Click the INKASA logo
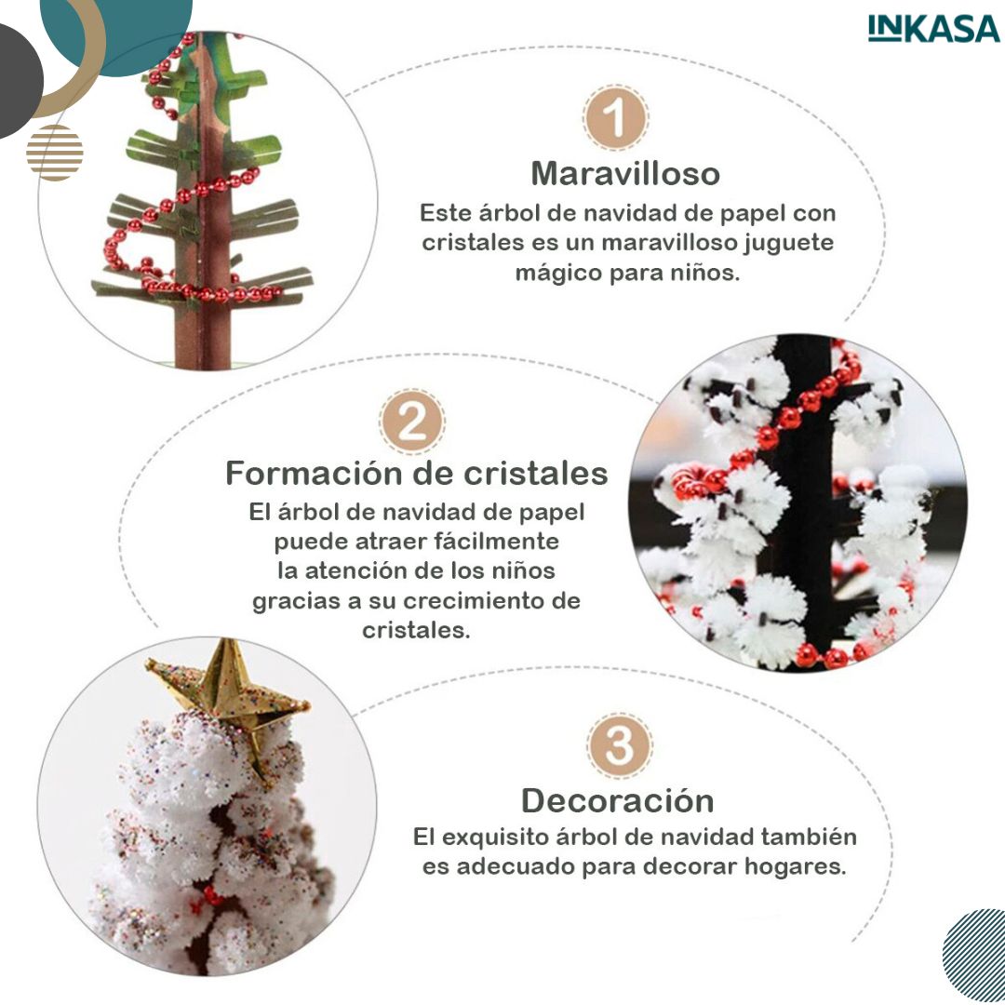(x=933, y=28)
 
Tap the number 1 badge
(x=615, y=118)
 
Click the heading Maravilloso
(x=625, y=173)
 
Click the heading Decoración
(x=617, y=800)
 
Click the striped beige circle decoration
(x=55, y=153)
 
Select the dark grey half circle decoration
(x=20, y=81)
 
